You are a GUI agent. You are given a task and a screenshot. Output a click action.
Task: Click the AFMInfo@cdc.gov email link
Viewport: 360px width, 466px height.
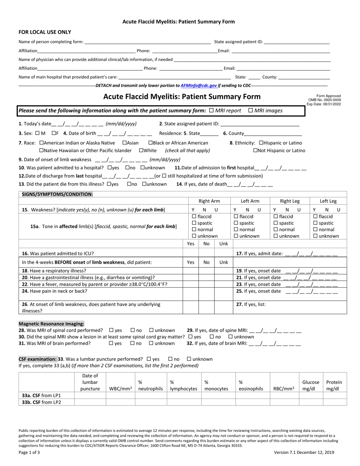[199, 86]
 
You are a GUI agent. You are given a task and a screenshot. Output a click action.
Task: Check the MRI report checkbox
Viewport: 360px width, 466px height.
[211, 110]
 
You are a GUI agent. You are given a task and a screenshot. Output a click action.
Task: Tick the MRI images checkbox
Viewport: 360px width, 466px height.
[250, 110]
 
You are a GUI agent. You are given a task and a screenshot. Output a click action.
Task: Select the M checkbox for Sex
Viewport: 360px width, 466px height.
[37, 133]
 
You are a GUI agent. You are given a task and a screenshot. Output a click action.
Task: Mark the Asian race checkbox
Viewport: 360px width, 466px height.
[124, 143]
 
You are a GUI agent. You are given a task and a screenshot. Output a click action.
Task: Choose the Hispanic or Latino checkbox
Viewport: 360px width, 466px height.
[261, 143]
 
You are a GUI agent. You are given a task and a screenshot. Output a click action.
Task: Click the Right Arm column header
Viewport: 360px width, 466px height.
[209, 201]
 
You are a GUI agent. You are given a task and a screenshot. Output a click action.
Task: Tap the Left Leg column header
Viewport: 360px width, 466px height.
[328, 201]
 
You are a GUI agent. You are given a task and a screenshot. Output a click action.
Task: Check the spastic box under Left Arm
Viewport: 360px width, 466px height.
[236, 223]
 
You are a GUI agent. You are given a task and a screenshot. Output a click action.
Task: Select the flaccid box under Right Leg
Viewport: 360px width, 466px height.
[276, 217]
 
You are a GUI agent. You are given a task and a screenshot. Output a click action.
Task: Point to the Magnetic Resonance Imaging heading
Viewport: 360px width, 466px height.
[52, 324]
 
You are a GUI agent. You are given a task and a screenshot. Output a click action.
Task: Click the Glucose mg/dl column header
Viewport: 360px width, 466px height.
[310, 385]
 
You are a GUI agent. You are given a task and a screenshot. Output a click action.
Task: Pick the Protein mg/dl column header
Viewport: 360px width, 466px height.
[334, 385]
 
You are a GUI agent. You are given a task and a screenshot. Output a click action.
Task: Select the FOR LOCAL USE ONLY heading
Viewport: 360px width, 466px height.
[45, 32]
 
